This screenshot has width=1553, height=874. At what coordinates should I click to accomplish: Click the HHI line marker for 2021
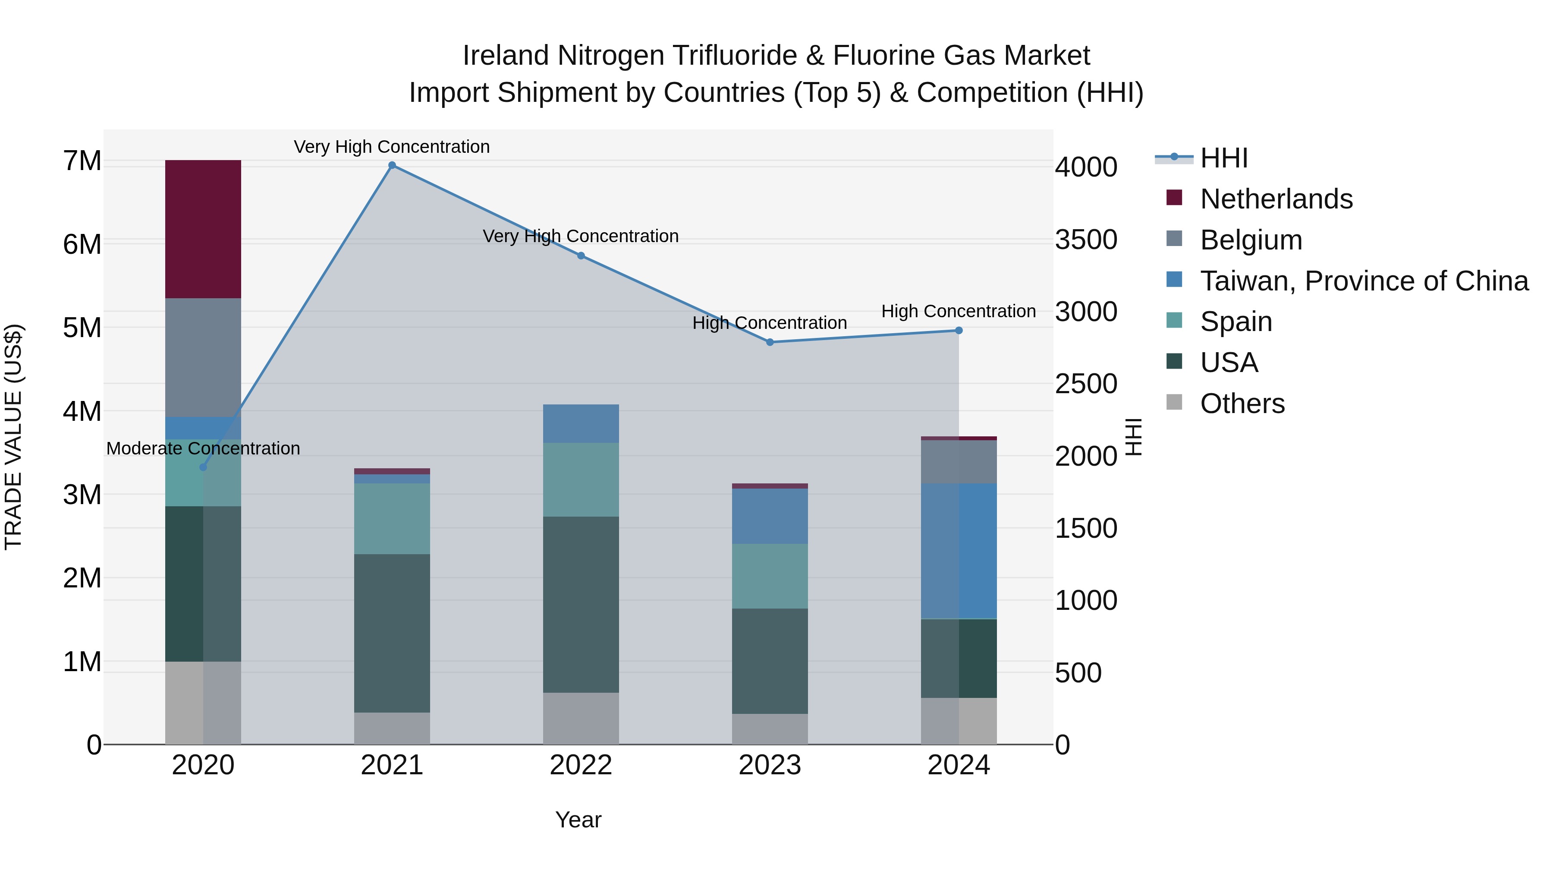[392, 165]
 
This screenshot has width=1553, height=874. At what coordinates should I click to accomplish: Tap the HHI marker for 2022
[581, 256]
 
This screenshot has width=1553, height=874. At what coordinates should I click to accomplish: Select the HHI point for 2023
[770, 342]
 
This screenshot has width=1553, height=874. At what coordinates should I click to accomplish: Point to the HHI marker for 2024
[959, 331]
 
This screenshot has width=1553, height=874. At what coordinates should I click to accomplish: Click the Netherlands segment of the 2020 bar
[203, 229]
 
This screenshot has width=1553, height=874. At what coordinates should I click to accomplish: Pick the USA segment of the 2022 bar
[581, 604]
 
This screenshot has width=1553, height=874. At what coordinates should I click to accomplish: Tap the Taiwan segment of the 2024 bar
[959, 551]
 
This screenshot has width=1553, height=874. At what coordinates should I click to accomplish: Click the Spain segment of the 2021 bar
[392, 519]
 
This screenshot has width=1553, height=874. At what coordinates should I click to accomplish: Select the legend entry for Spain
[1236, 322]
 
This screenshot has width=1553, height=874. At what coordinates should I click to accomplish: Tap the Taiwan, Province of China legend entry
[1364, 281]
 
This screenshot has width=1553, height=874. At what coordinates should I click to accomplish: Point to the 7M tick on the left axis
[82, 161]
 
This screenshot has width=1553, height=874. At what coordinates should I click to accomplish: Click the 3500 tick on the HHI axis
[1086, 240]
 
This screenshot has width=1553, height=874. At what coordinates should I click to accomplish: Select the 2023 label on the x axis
[770, 765]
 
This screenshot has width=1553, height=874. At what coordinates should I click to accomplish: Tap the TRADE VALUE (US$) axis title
[13, 437]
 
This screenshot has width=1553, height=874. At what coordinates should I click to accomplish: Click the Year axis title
[578, 820]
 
